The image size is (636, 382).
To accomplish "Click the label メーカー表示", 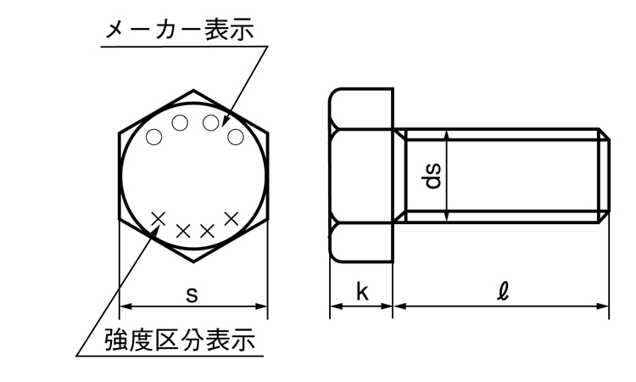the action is (180, 30).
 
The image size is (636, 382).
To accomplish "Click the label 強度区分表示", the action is (180, 340).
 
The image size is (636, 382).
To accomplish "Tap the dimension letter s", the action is (192, 295).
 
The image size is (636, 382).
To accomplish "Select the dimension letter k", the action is (362, 291).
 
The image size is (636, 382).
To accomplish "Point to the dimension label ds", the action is (432, 176).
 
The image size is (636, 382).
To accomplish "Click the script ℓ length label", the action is (504, 291).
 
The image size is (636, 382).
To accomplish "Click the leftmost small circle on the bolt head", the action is (153, 137).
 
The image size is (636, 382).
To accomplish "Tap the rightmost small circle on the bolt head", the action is (235, 137).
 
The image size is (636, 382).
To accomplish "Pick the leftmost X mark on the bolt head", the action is (159, 218).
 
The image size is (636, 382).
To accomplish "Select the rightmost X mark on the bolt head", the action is (232, 219).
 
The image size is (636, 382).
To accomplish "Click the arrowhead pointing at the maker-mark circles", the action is (225, 122).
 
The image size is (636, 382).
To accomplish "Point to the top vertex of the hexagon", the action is (193, 90).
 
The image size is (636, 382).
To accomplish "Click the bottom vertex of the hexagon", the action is (193, 261).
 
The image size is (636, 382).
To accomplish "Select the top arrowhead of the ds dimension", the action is (446, 136).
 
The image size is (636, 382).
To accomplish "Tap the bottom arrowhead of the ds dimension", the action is (446, 216).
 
